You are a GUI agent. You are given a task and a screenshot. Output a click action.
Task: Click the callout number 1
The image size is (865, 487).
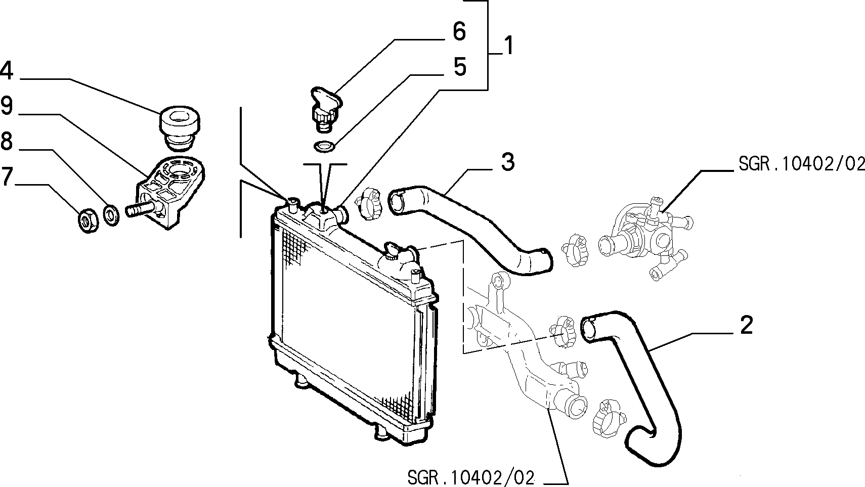tap(509, 46)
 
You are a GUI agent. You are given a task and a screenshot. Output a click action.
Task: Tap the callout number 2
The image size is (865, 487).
tap(747, 325)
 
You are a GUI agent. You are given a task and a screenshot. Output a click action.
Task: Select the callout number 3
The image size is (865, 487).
tap(508, 162)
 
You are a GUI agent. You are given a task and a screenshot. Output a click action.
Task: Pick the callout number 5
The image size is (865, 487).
tap(459, 66)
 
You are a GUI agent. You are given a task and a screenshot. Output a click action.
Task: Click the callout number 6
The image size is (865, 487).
tap(459, 31)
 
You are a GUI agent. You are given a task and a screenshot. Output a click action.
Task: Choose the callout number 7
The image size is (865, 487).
tap(7, 176)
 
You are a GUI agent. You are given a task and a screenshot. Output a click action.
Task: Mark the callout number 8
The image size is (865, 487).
tap(7, 141)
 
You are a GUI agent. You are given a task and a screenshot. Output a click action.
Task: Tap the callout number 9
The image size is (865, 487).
tap(7, 105)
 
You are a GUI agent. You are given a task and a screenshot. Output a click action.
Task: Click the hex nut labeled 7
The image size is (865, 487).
tap(89, 220)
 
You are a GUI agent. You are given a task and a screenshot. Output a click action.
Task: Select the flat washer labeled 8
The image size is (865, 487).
tap(112, 215)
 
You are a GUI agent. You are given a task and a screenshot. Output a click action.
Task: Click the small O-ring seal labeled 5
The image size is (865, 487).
tap(324, 146)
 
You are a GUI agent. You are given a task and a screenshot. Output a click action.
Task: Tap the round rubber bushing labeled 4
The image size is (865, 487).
tap(180, 126)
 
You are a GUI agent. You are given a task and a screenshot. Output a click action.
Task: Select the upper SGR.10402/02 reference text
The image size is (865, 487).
tap(801, 164)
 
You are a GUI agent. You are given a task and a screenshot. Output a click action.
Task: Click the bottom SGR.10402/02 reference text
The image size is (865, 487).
tap(471, 477)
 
